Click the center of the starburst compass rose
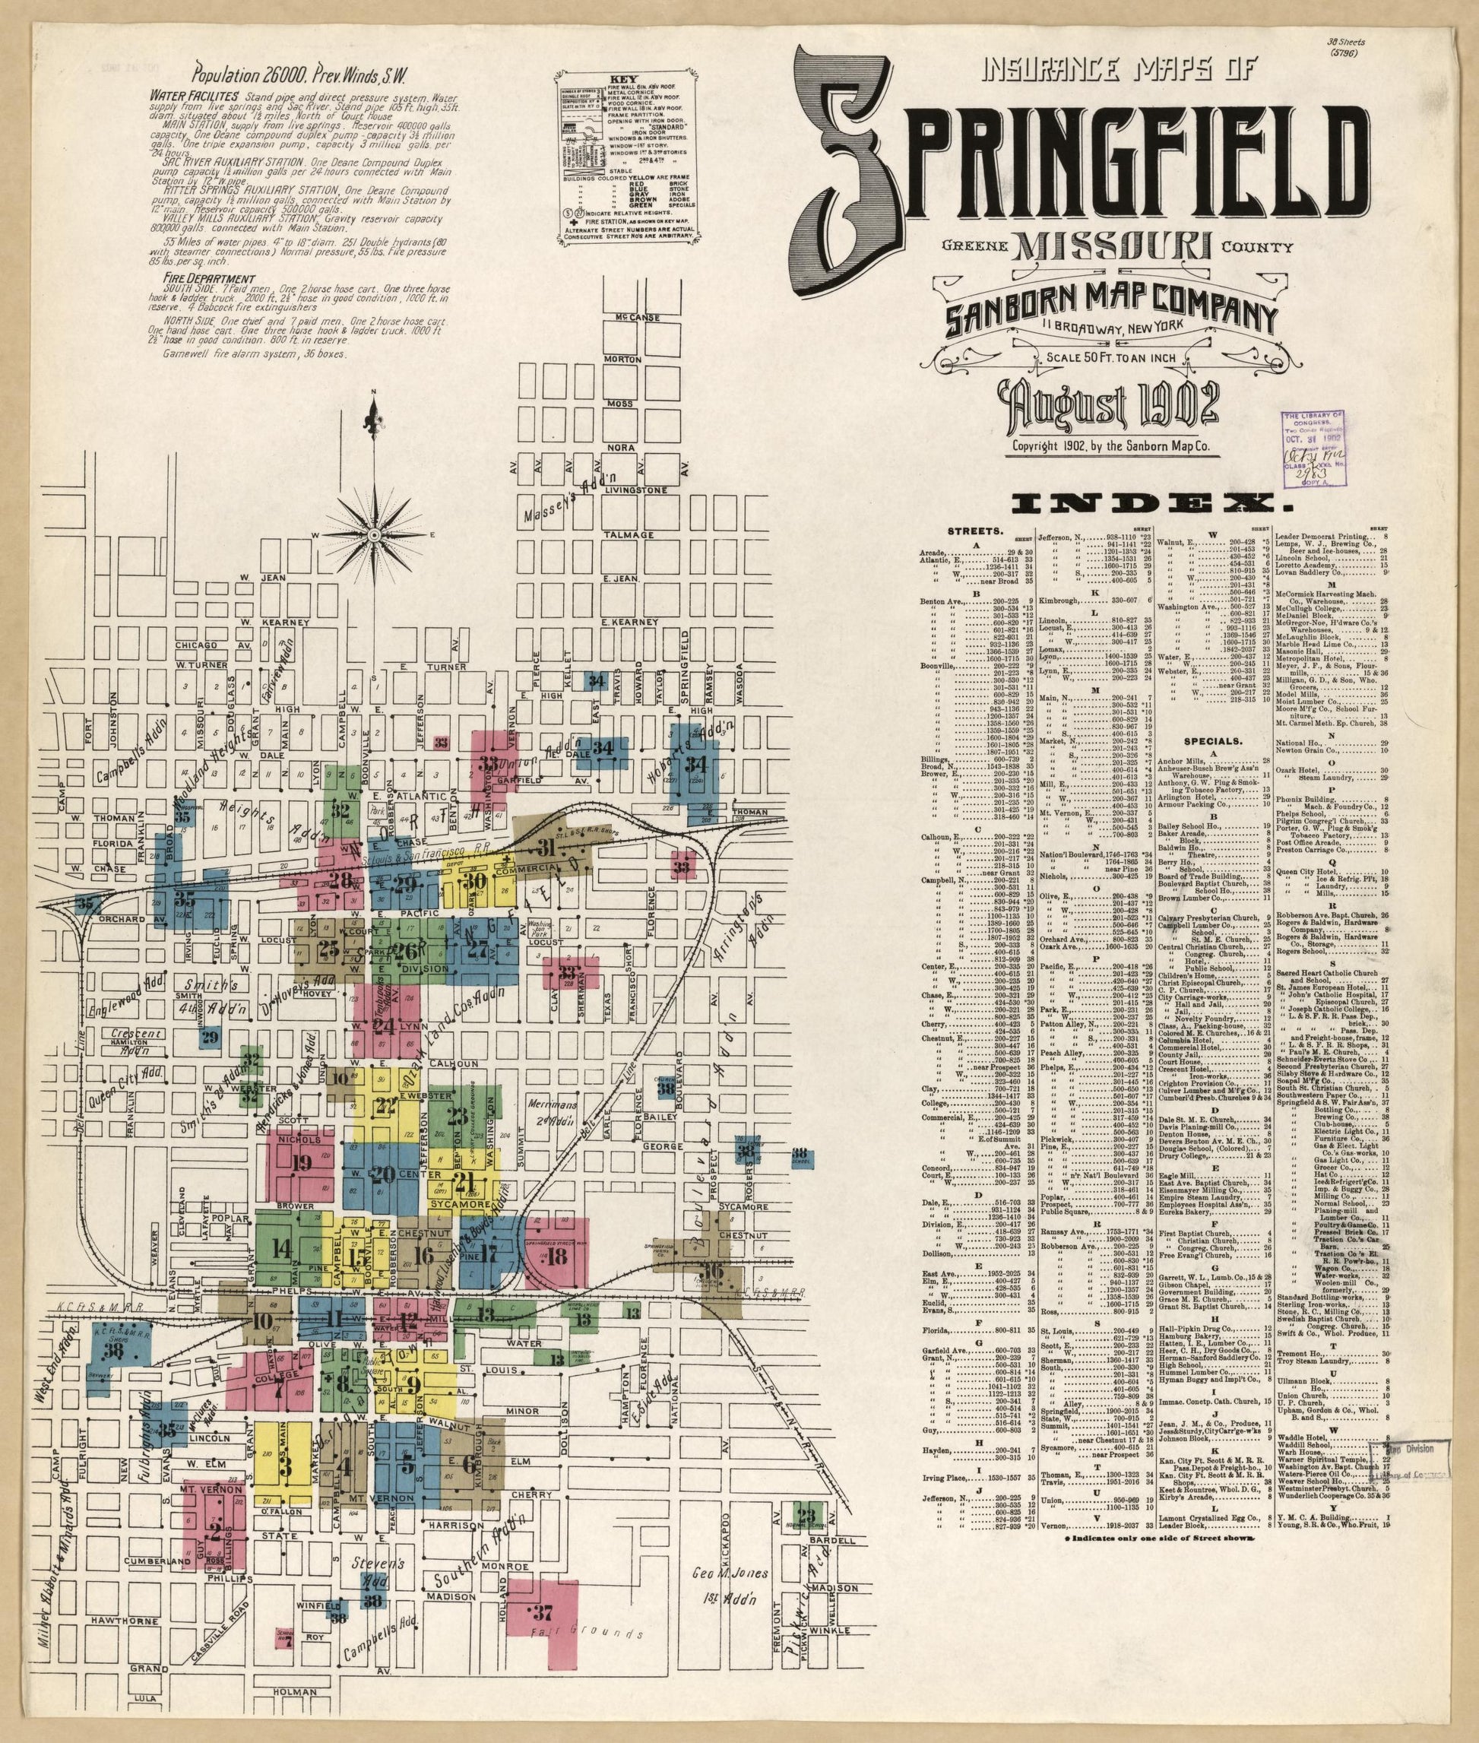pyautogui.click(x=375, y=534)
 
